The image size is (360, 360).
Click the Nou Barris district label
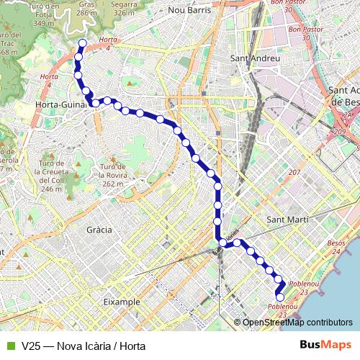click(189, 11)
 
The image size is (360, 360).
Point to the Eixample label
click(122, 302)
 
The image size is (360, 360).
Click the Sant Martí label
click(287, 218)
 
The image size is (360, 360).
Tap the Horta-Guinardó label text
click(62, 104)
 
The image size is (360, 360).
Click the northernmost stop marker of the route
click(82, 44)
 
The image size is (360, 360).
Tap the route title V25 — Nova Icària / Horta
click(84, 346)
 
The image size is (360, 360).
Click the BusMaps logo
click(325, 345)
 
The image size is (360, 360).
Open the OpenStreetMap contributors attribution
click(297, 322)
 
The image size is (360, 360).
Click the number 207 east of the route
click(294, 174)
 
